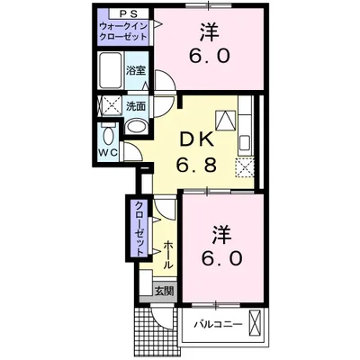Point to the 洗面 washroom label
(137, 105)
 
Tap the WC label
(107, 152)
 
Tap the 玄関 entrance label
(163, 291)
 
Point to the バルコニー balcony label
(216, 324)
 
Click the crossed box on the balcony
(256, 322)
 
